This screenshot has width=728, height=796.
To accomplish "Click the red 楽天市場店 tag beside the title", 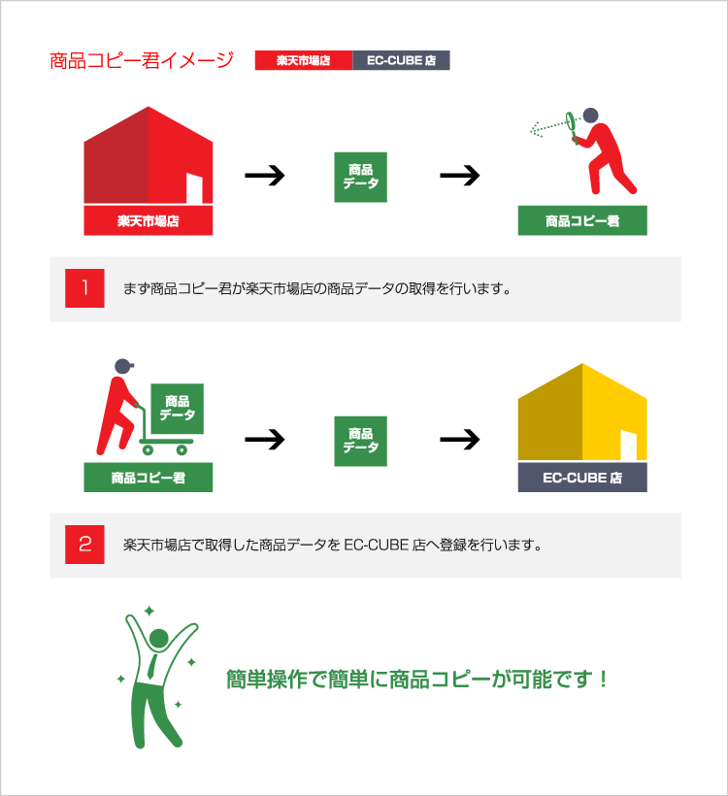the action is pyautogui.click(x=304, y=60).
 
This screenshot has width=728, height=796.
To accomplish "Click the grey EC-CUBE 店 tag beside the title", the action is pyautogui.click(x=401, y=60).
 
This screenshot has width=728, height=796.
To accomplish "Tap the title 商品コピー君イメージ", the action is pyautogui.click(x=142, y=60).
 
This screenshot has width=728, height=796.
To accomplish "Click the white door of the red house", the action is pyautogui.click(x=194, y=188).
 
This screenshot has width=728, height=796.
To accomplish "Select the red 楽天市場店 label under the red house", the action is pyautogui.click(x=149, y=220).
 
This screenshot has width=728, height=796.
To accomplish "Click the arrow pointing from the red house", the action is pyautogui.click(x=264, y=176).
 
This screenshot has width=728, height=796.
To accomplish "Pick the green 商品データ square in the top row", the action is pyautogui.click(x=360, y=178).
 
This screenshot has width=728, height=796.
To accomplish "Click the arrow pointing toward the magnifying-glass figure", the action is pyautogui.click(x=459, y=176).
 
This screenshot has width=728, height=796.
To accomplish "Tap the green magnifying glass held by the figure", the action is pyautogui.click(x=572, y=125).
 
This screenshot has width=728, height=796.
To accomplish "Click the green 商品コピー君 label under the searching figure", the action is pyautogui.click(x=582, y=220).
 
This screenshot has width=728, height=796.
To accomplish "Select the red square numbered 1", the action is pyautogui.click(x=84, y=288).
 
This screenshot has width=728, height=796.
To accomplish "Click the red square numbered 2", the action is pyautogui.click(x=84, y=545).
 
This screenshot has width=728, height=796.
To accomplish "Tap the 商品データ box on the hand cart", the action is pyautogui.click(x=178, y=409).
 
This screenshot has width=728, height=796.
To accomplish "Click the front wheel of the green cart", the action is pyautogui.click(x=182, y=449).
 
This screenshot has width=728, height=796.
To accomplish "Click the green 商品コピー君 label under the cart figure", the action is pyautogui.click(x=149, y=478).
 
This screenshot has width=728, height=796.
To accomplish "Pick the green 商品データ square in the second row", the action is pyautogui.click(x=360, y=441).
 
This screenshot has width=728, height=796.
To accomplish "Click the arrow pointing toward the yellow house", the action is pyautogui.click(x=459, y=440).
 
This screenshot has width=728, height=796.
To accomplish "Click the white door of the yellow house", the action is pyautogui.click(x=628, y=446).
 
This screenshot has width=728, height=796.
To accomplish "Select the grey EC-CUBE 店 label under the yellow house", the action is pyautogui.click(x=582, y=478).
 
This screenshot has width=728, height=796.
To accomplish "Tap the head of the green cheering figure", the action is pyautogui.click(x=159, y=639).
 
